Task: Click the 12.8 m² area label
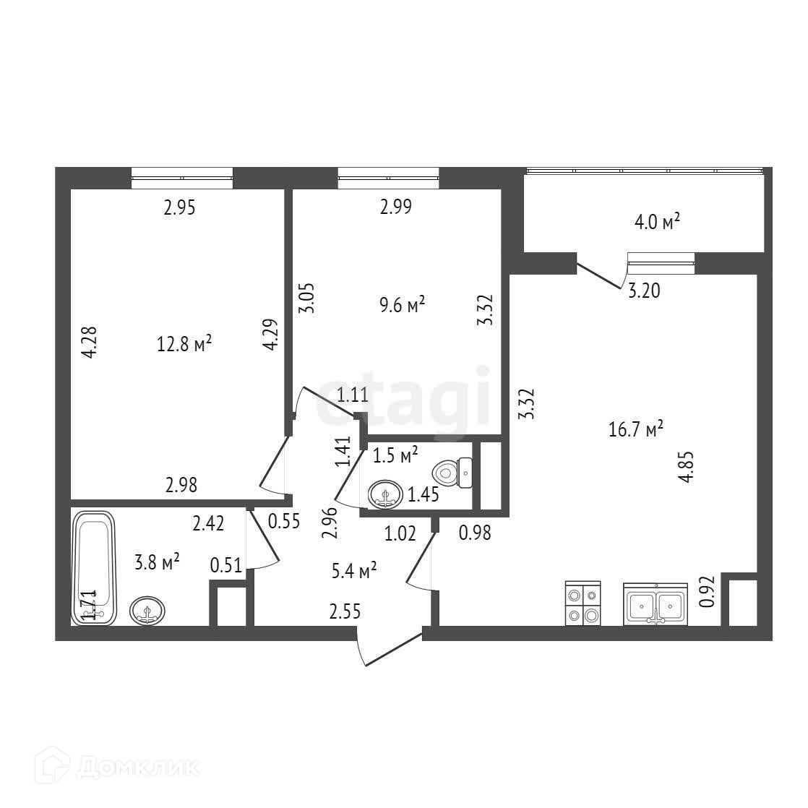click(184, 343)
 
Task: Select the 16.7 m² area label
click(636, 430)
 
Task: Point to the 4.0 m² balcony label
click(658, 222)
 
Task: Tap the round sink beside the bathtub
click(147, 611)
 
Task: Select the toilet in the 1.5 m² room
click(452, 473)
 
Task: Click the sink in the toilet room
click(387, 495)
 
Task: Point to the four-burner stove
click(583, 603)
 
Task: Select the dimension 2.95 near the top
click(179, 208)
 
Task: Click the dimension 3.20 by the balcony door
click(642, 291)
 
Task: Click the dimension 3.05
click(306, 297)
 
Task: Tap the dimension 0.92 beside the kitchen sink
click(707, 590)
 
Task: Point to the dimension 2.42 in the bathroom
click(207, 523)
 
